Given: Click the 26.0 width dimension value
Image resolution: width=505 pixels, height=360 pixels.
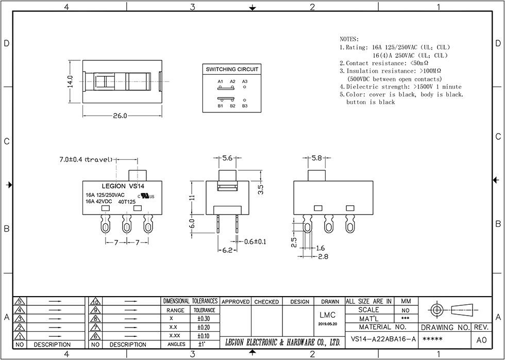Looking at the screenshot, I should click(120, 116).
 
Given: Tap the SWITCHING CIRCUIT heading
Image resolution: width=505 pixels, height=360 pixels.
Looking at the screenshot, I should click(232, 69).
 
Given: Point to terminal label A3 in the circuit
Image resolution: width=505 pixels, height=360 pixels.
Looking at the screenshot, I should click(244, 81).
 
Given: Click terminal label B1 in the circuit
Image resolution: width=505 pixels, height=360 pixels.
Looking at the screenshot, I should click(220, 106).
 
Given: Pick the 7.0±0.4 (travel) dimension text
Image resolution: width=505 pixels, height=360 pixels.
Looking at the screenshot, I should click(86, 160).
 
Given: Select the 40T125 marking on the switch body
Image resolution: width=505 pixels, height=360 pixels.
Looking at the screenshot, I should click(126, 202).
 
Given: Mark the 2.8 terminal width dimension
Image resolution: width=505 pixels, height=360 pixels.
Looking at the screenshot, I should click(323, 256).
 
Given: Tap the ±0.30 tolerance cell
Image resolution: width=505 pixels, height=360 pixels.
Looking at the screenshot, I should click(204, 319).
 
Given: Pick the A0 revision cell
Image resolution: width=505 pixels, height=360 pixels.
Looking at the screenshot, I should click(481, 340).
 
